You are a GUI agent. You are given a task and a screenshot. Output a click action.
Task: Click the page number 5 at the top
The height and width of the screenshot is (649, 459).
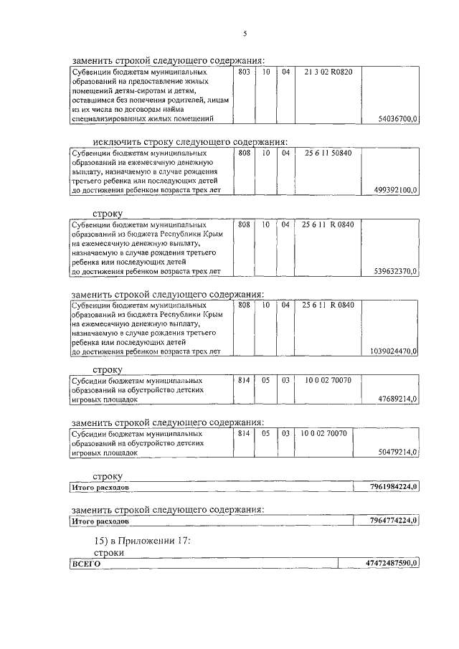pyautogui.click(x=244, y=34)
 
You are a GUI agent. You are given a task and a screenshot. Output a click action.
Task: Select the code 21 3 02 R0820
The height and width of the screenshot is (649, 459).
pyautogui.click(x=328, y=72)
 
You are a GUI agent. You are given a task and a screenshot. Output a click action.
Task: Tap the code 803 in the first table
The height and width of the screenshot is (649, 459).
pyautogui.click(x=244, y=72)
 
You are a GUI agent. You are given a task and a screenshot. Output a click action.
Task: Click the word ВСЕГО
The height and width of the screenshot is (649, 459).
pyautogui.click(x=85, y=565)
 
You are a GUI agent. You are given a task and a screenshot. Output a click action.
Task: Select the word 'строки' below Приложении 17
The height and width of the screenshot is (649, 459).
pyautogui.click(x=108, y=553)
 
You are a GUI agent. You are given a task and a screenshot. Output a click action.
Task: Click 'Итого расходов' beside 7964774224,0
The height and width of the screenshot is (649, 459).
pyautogui.click(x=100, y=521)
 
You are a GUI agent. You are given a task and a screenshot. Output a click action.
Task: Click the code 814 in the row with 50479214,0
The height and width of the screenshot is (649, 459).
pyautogui.click(x=244, y=434)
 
